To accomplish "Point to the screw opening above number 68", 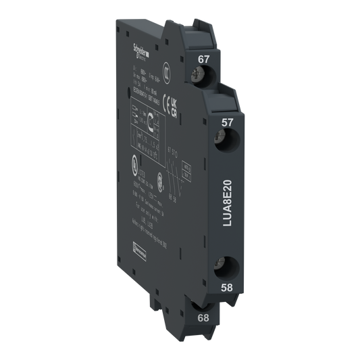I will pyautogui.click(x=203, y=297).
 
